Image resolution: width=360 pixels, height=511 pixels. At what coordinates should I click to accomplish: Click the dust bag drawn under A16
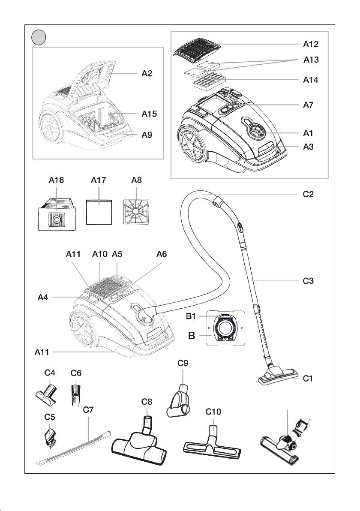point(56,213)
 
